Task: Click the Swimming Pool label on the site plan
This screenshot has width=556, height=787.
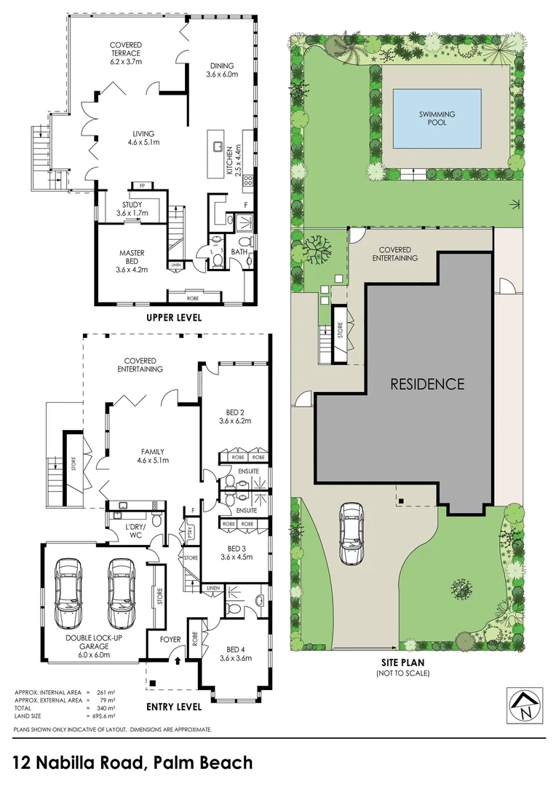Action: [x=437, y=118]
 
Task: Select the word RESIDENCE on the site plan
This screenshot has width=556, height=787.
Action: [x=427, y=383]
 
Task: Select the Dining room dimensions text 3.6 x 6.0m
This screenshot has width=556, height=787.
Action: [x=222, y=74]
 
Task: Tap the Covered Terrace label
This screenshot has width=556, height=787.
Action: [x=126, y=50]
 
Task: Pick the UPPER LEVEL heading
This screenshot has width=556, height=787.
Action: [x=174, y=318]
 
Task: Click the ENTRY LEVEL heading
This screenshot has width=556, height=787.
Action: [x=174, y=707]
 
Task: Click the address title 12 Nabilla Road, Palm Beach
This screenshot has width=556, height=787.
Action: [x=133, y=763]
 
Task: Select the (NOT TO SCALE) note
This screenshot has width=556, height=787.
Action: [x=402, y=673]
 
